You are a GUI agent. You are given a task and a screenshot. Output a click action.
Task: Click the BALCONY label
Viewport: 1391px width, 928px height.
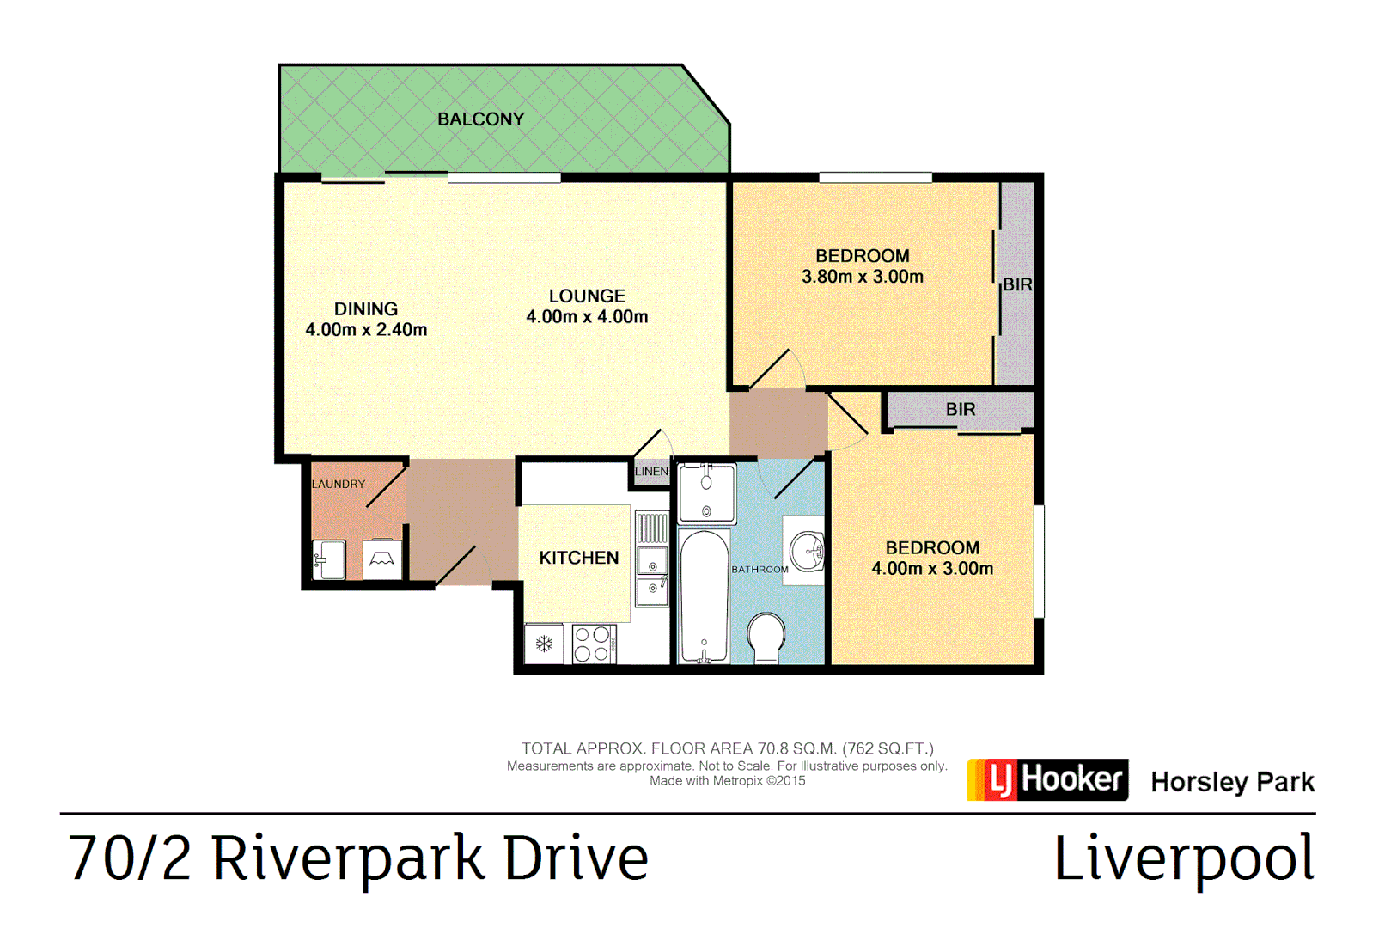(480, 119)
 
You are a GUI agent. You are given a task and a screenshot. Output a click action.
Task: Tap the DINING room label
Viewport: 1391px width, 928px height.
(366, 309)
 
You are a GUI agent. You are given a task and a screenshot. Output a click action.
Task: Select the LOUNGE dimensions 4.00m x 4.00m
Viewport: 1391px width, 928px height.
(587, 317)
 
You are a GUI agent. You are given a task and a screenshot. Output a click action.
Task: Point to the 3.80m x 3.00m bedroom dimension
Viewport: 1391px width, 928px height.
(862, 277)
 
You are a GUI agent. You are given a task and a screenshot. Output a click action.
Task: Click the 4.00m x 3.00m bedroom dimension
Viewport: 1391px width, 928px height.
(932, 569)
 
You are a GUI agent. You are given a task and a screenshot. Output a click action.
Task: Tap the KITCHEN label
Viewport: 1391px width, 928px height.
(578, 558)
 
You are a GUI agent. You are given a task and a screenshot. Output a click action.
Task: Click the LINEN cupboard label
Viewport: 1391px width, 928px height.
(651, 472)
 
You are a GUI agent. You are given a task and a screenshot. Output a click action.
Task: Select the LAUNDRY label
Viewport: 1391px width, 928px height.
(339, 485)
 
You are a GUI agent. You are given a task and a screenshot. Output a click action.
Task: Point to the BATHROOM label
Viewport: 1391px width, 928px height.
(760, 570)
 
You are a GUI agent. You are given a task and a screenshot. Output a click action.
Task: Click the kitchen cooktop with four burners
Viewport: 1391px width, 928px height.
(593, 644)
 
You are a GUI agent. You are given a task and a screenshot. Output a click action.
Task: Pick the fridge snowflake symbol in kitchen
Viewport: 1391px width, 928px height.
(544, 644)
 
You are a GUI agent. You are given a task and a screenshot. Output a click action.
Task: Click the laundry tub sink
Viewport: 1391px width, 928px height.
(329, 559)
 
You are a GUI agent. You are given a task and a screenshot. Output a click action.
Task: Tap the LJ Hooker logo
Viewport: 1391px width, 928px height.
(1047, 779)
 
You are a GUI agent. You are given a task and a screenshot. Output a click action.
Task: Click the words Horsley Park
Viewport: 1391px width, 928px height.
(1232, 782)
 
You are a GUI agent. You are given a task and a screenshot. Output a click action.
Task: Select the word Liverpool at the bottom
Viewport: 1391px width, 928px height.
(1183, 858)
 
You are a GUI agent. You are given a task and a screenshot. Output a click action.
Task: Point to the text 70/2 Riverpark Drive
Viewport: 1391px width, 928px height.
(357, 858)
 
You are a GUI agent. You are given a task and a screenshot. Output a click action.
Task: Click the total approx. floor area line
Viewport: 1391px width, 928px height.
(727, 748)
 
